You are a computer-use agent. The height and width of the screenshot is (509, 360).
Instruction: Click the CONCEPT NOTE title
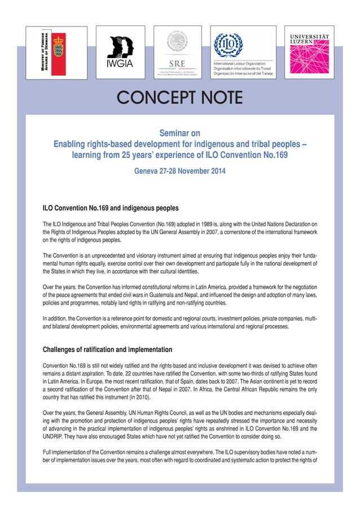[x=179, y=99]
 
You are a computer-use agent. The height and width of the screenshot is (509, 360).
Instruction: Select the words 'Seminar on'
[x=179, y=134]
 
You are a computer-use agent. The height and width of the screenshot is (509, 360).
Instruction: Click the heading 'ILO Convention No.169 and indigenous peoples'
[x=107, y=208]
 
